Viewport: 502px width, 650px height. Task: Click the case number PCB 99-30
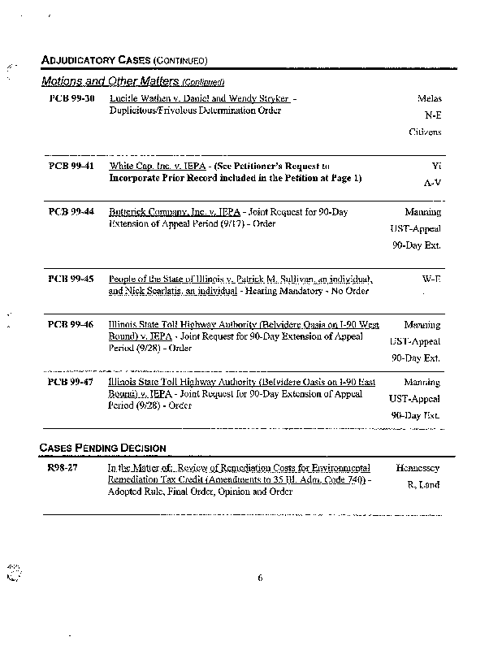[x=71, y=98]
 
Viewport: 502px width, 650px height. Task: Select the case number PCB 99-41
[x=71, y=165]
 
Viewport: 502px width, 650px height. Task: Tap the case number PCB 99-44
[x=71, y=211]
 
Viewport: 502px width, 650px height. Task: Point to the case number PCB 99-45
[x=71, y=278]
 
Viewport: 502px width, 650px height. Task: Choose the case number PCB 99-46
[x=71, y=324]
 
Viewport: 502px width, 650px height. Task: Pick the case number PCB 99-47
[x=71, y=381]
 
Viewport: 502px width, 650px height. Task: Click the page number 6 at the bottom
[x=260, y=578]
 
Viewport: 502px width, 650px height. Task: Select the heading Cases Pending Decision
[x=103, y=448]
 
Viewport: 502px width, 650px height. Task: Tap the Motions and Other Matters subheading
[x=132, y=82]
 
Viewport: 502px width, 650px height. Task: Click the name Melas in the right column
[x=429, y=98]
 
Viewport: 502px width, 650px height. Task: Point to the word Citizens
[x=425, y=131]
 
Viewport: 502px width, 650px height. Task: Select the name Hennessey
[x=418, y=468]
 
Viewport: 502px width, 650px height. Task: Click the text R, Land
[x=423, y=485]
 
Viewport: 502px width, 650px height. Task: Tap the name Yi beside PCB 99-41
[x=435, y=165]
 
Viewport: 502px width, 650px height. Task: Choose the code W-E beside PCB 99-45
[x=431, y=278]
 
